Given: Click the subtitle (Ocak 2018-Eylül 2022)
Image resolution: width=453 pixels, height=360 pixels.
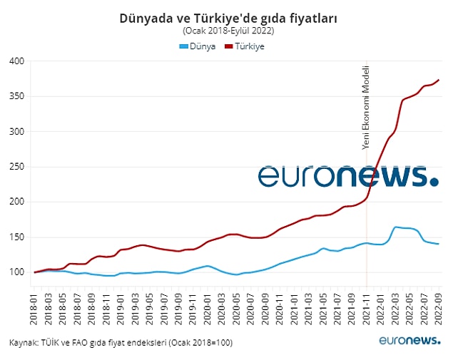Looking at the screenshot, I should click(228, 31).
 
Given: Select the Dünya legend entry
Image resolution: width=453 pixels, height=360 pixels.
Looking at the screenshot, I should click(198, 46).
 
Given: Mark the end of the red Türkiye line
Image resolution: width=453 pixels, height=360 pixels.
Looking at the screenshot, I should click(439, 80).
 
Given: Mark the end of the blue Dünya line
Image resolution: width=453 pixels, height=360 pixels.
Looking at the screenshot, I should click(439, 244).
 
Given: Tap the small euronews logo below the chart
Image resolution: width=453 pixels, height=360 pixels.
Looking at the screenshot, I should click(409, 342).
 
